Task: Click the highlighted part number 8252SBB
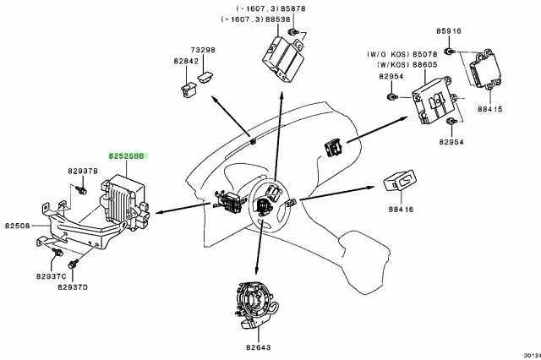coord(125,156)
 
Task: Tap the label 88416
coord(401,209)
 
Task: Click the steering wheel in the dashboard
coord(269,207)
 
